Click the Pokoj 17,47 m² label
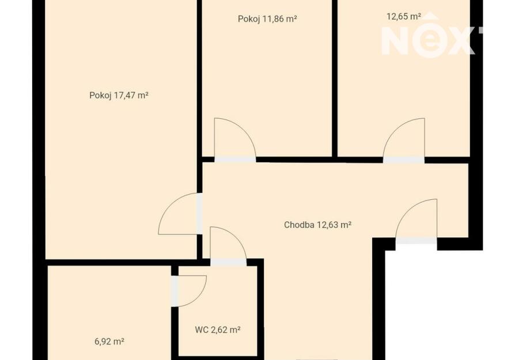[119, 96]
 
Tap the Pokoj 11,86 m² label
[267, 19]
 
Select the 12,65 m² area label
[404, 17]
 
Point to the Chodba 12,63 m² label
[317, 225]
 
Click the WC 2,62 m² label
[218, 330]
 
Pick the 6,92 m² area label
[109, 342]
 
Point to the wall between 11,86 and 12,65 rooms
[335, 78]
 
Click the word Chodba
[299, 225]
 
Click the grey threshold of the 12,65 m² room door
[404, 160]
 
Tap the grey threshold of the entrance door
[416, 241]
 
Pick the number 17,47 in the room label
[124, 96]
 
